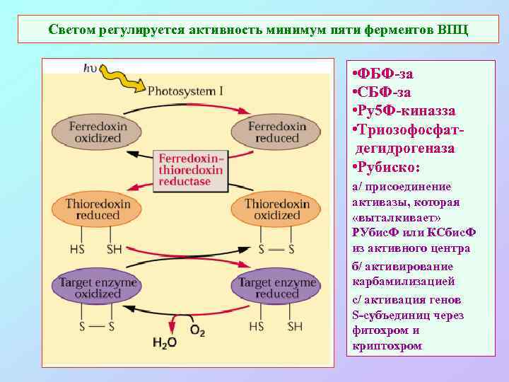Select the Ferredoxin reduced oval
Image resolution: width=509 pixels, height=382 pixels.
[277, 132]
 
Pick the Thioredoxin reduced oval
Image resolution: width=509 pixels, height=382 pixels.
[97, 209]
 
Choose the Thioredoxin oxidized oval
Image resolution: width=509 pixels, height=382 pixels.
[277, 209]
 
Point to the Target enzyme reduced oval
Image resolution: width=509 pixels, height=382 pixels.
[277, 287]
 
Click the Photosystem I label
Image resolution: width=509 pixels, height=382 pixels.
[186, 91]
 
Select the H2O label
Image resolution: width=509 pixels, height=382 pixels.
[164, 343]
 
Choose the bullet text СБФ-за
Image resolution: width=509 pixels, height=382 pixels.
[385, 92]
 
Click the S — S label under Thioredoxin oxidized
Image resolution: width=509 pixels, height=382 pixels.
[276, 249]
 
